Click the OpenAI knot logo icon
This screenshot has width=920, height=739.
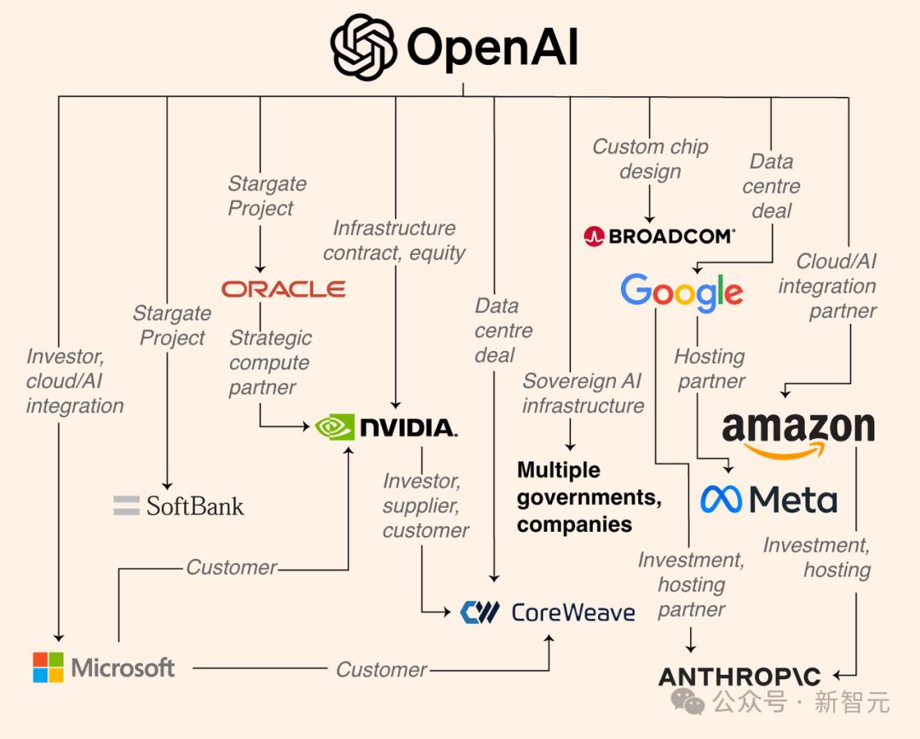coord(363,47)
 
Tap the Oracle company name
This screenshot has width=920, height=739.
coord(284,289)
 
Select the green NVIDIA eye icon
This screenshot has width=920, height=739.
coord(335,427)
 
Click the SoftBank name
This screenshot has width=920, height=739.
coord(195,506)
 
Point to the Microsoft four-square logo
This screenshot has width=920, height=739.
coord(48,667)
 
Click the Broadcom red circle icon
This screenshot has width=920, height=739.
coord(594,237)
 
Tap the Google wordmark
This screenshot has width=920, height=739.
coord(681,292)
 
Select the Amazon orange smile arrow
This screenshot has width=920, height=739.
coord(785,450)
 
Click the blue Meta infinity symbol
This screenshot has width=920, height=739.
coord(722,499)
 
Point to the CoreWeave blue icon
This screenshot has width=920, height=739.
coord(480,612)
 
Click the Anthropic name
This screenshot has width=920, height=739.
coord(739,677)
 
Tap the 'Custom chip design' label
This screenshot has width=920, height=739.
coord(650,159)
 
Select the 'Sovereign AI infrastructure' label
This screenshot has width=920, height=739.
coord(584,393)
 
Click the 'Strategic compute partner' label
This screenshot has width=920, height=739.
coord(271,362)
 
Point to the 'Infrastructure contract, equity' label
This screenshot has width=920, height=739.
coord(394,240)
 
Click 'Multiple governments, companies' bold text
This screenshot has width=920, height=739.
coord(589,497)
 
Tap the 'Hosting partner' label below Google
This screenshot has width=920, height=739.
coord(710,368)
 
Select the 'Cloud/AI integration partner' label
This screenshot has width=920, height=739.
coord(827,286)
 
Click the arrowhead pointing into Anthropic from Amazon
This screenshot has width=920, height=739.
coord(837,676)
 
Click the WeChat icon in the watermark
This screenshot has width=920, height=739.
coord(687,701)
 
